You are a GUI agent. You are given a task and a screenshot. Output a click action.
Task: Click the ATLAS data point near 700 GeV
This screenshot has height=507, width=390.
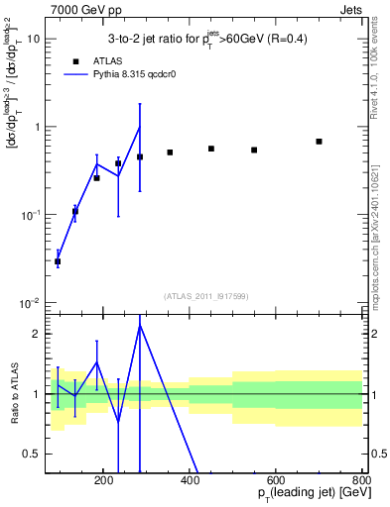(319, 142)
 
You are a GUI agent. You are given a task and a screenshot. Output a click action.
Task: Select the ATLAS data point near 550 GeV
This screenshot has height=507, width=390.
(254, 150)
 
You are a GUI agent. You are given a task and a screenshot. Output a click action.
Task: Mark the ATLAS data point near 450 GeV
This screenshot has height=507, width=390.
(211, 149)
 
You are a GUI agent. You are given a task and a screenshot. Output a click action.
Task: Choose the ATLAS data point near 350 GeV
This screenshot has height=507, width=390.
(170, 152)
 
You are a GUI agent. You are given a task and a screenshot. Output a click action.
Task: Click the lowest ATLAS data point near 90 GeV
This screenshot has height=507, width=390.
(59, 261)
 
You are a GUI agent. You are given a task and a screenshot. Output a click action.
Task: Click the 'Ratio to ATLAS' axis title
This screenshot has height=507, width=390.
(17, 393)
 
